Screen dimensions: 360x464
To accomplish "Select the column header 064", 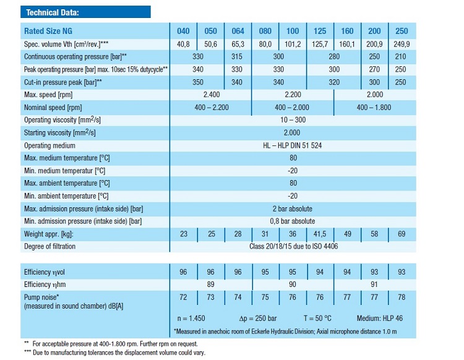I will (238, 31).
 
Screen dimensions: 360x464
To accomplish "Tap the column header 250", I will (402, 31).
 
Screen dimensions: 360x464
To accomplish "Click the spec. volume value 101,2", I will (293, 43).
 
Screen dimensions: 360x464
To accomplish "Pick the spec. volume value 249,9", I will (402, 43).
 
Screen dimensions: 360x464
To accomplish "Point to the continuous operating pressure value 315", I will (238, 56).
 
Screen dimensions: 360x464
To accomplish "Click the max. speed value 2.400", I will (211, 95).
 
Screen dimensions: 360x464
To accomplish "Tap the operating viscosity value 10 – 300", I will (293, 120).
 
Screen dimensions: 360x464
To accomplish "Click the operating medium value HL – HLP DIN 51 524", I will (293, 145).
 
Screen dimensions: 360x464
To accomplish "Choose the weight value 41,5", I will (320, 234).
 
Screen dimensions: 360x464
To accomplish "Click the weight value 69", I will (402, 234).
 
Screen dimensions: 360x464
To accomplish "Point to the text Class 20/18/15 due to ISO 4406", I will (293, 247).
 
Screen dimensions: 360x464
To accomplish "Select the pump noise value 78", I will (402, 298).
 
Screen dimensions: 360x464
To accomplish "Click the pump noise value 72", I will (183, 298).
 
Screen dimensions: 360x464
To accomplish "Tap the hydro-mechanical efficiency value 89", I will (211, 285).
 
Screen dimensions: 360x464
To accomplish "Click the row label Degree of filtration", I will (49, 247).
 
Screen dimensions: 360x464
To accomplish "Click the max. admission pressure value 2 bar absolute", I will (293, 208).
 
